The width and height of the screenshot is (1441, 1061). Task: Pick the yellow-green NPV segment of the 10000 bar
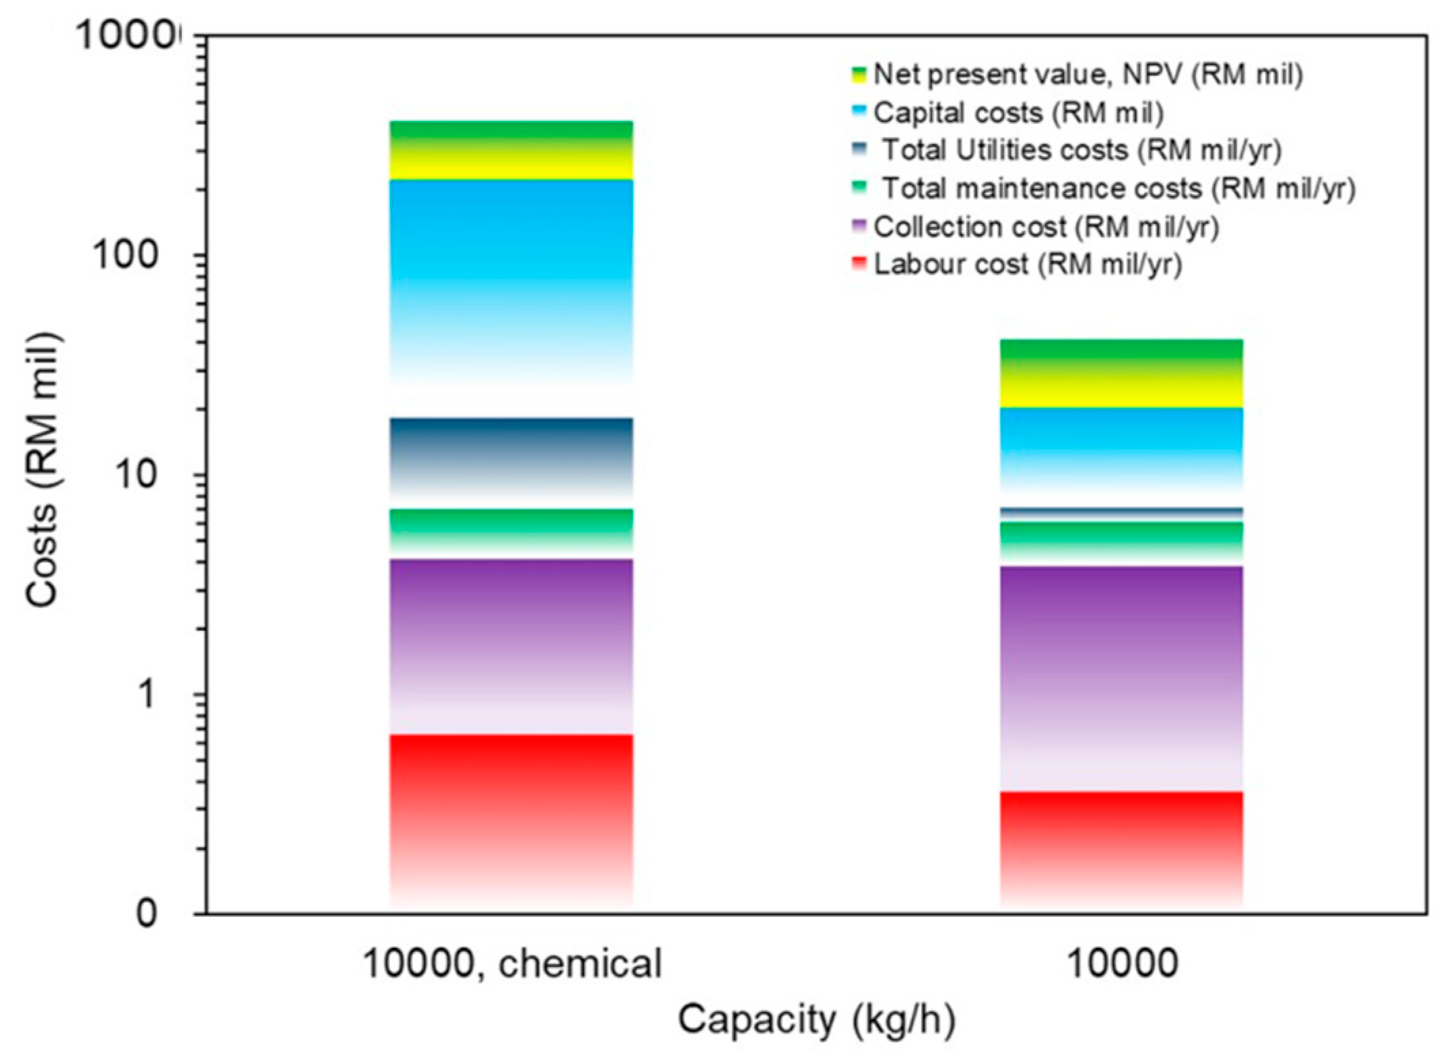coord(1121,374)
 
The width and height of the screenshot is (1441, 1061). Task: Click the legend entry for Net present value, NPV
coord(1088,74)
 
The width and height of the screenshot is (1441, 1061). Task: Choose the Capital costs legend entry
coord(1018,112)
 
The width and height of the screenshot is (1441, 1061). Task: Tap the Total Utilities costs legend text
coord(1081,150)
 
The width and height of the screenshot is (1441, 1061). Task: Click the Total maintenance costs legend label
coord(1118,188)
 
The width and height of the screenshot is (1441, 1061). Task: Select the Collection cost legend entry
coord(1045,226)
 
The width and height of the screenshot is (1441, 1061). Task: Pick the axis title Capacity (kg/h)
coord(816,1020)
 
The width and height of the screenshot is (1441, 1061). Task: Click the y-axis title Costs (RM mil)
coord(42,469)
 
